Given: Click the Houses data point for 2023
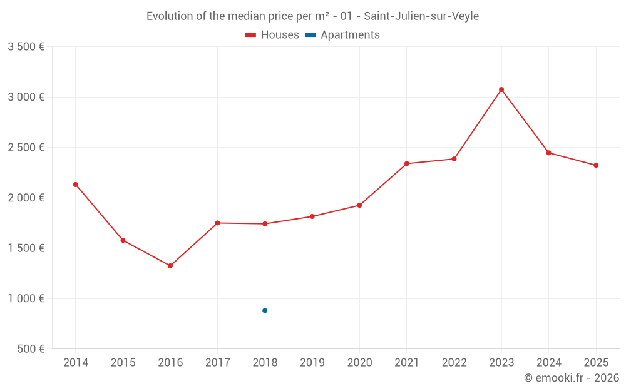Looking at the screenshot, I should [x=501, y=89].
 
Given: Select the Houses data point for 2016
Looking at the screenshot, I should [x=170, y=266].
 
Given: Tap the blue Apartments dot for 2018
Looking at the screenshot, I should [x=265, y=310].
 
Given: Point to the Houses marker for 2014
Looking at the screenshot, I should [x=76, y=185].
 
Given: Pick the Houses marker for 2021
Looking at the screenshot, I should [x=407, y=163].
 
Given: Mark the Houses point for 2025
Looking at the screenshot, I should [x=596, y=165].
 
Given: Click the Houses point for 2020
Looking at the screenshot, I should [x=359, y=205].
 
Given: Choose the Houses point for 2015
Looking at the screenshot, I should [x=123, y=240].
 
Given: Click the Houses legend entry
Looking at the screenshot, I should [x=272, y=35].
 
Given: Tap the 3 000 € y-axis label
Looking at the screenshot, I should [x=26, y=97].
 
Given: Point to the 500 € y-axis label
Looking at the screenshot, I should [x=30, y=349].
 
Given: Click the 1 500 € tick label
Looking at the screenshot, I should [x=26, y=248].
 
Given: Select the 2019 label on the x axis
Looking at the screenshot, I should [x=312, y=363].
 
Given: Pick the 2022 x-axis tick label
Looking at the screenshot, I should [x=454, y=363].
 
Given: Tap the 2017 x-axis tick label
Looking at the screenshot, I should [x=217, y=363].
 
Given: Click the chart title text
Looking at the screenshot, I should [x=312, y=16].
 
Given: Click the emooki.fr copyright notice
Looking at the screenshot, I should [x=571, y=378].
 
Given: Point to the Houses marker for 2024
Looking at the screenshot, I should [x=549, y=153].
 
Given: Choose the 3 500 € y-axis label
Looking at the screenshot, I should [x=26, y=47].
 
